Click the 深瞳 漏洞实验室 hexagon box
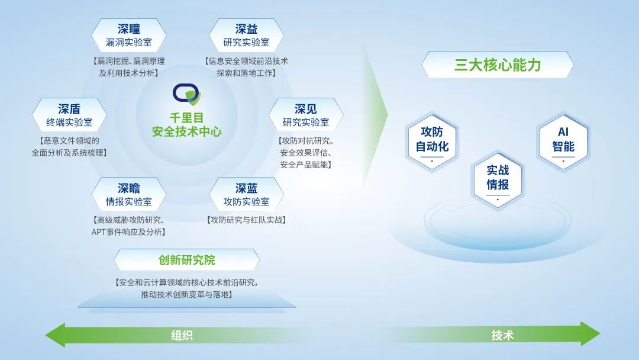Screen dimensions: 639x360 tap(128, 36)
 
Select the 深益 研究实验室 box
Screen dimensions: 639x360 tap(246, 36)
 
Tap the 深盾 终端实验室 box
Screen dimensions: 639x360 tap(69, 115)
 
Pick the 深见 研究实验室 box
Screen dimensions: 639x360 tap(306, 115)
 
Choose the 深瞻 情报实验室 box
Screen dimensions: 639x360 tap(128, 194)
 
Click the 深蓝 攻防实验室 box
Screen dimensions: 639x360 tap(246, 194)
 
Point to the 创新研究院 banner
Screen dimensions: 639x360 tap(186, 260)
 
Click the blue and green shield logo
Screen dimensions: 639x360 tap(186, 95)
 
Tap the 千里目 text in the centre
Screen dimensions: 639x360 tap(186, 118)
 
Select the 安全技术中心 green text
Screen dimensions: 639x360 tap(186, 131)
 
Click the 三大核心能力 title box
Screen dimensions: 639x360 tap(498, 65)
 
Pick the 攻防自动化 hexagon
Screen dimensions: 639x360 tap(432, 142)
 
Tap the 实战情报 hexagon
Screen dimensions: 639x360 tap(498, 180)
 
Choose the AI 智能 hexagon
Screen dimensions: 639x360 tap(563, 142)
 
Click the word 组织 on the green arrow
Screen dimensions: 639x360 tap(182, 336)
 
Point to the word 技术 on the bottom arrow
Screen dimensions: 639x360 tap(502, 336)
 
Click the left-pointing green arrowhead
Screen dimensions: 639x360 tap(56, 335)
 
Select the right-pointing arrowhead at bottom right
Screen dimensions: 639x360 tap(590, 333)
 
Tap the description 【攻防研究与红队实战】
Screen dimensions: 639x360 tap(246, 220)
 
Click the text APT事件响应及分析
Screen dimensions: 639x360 tap(127, 232)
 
